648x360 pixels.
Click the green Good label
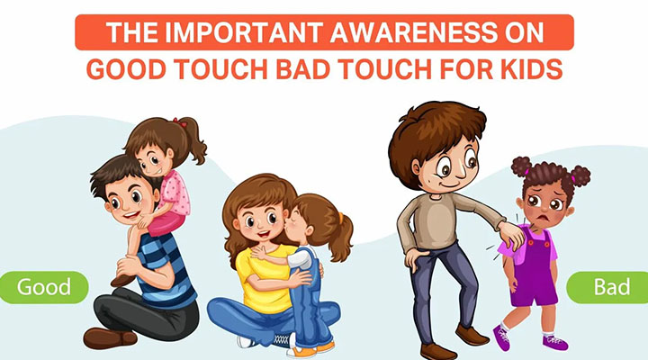coord(43,287)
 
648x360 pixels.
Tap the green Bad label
coord(607,287)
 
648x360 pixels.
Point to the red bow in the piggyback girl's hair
coord(180,121)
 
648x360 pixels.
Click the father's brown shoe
coord(110,337)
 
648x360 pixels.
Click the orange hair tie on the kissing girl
coord(341,218)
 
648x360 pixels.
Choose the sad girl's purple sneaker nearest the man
coord(502,337)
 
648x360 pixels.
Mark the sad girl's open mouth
coord(545,218)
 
